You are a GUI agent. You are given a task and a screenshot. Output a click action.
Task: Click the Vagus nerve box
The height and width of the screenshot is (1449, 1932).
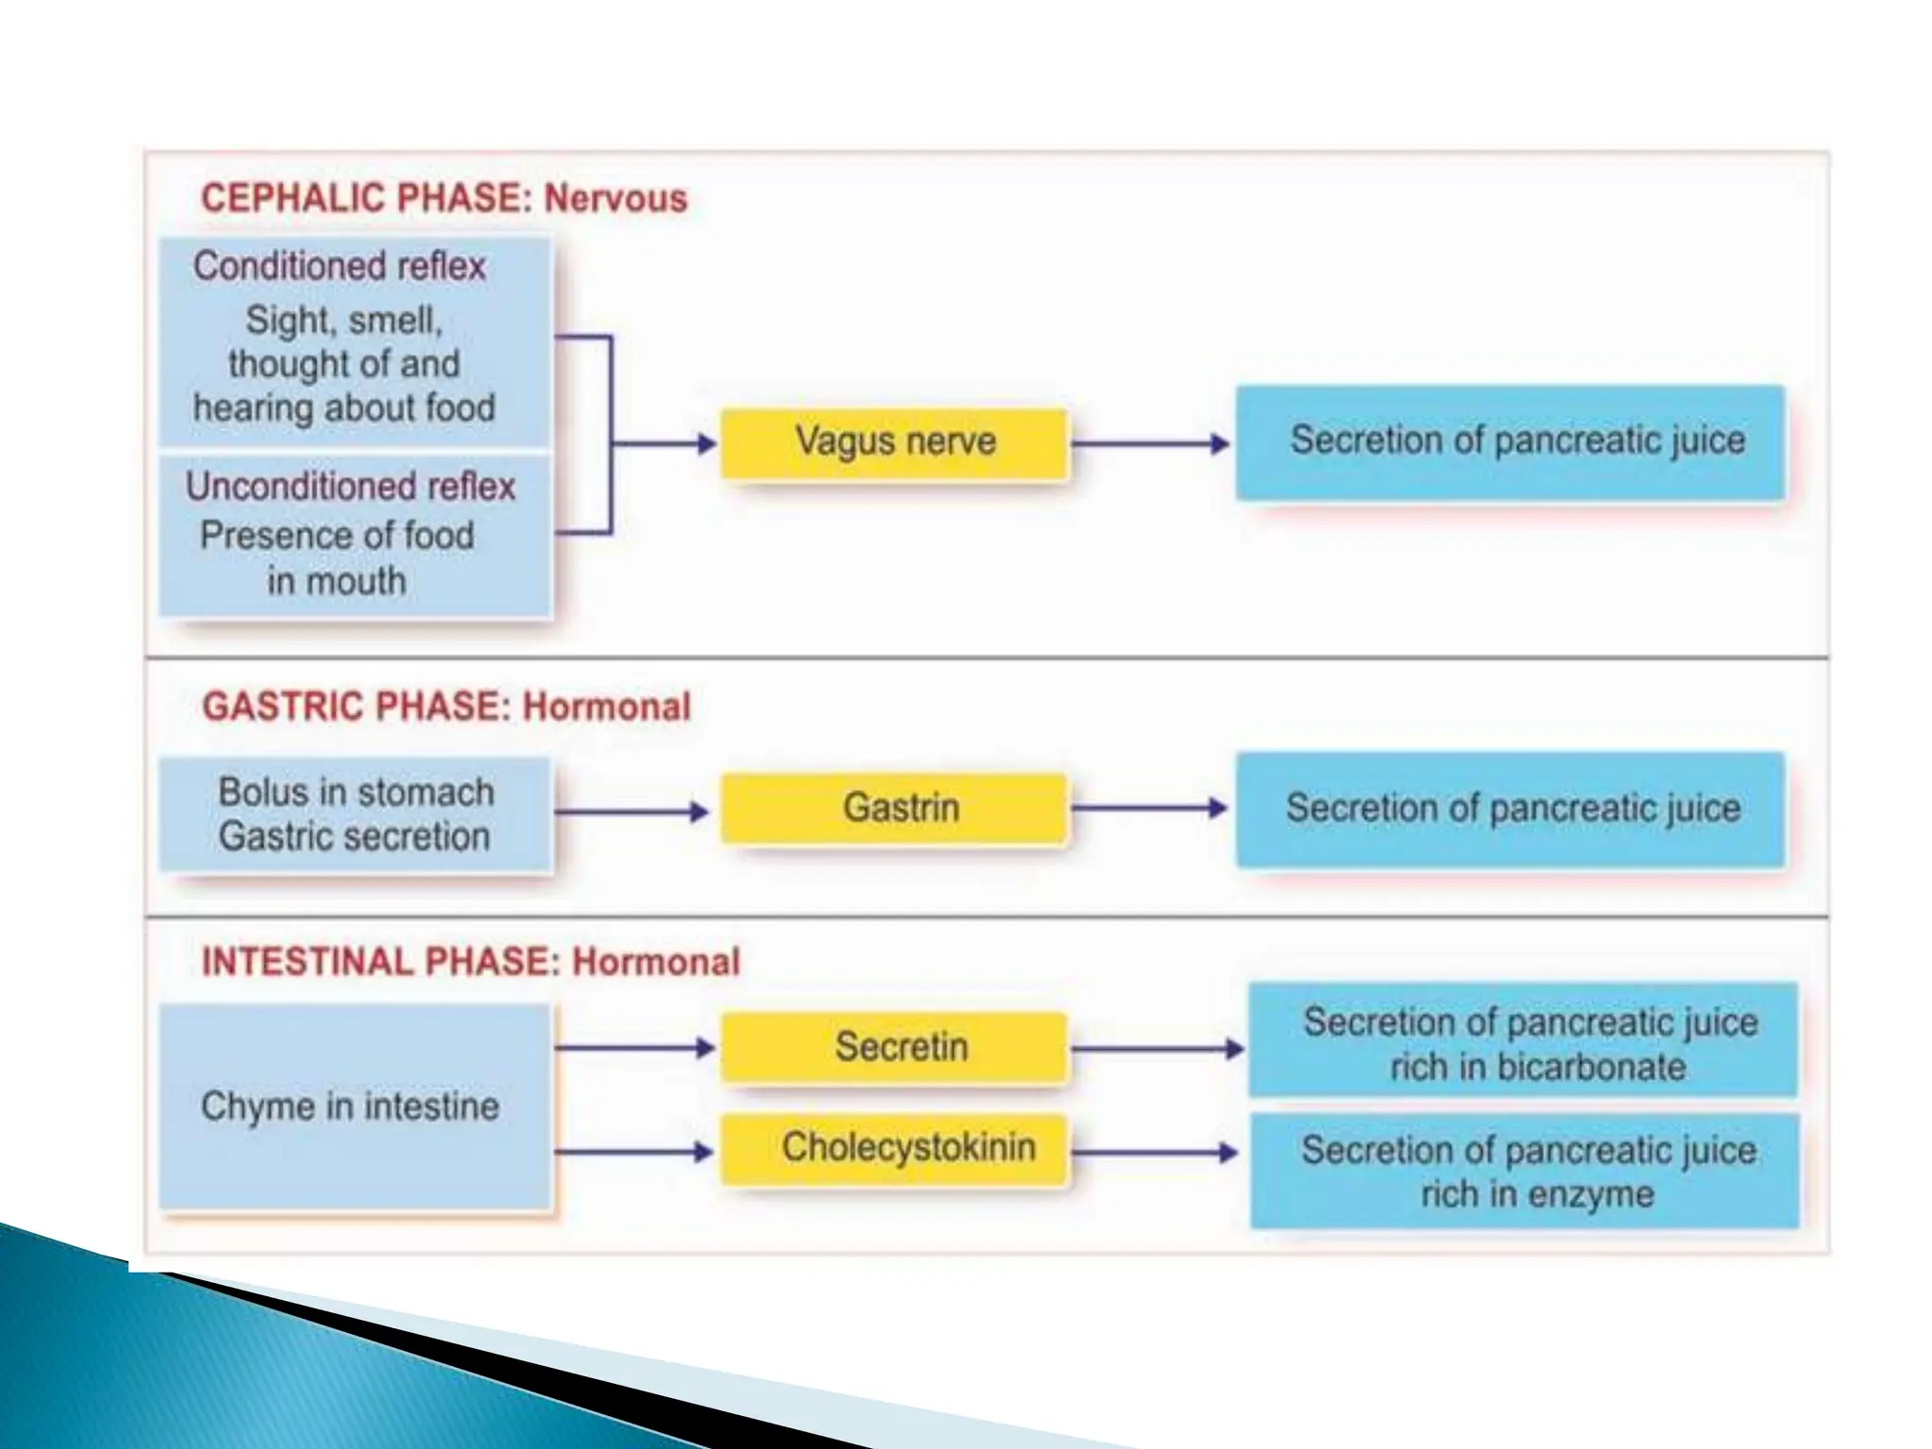pos(894,442)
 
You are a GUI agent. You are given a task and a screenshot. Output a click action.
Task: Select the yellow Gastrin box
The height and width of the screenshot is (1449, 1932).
pos(894,808)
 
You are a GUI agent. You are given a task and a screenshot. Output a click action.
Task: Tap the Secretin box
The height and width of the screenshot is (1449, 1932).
pos(894,1047)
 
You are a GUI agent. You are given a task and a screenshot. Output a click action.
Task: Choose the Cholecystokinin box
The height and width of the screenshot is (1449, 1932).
pos(894,1149)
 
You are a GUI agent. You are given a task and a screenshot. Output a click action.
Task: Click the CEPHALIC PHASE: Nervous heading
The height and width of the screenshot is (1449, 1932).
pos(443,199)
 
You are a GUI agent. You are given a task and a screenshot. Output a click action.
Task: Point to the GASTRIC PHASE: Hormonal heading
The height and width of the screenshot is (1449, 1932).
pos(446,707)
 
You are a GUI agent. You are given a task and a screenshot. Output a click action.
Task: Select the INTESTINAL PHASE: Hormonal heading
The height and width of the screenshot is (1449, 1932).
pos(471,962)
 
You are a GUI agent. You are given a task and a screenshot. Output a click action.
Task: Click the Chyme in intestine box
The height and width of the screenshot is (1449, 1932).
pos(355,1107)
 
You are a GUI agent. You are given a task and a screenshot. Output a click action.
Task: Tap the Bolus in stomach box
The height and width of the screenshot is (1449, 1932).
pos(355,814)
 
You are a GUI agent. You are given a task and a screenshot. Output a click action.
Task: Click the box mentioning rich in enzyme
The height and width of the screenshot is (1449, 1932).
pos(1524,1172)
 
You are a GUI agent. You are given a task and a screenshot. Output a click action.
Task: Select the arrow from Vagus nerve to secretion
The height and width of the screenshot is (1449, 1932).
pos(1151,443)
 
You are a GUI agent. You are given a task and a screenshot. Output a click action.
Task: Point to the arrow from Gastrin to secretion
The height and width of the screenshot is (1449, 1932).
pos(1149,808)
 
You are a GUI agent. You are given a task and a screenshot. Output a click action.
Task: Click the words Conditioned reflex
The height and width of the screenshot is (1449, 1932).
pos(340,267)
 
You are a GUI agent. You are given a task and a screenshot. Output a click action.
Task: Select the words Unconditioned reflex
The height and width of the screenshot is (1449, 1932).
pos(350,487)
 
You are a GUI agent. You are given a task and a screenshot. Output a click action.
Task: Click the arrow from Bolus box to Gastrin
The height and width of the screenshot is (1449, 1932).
pos(631,811)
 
